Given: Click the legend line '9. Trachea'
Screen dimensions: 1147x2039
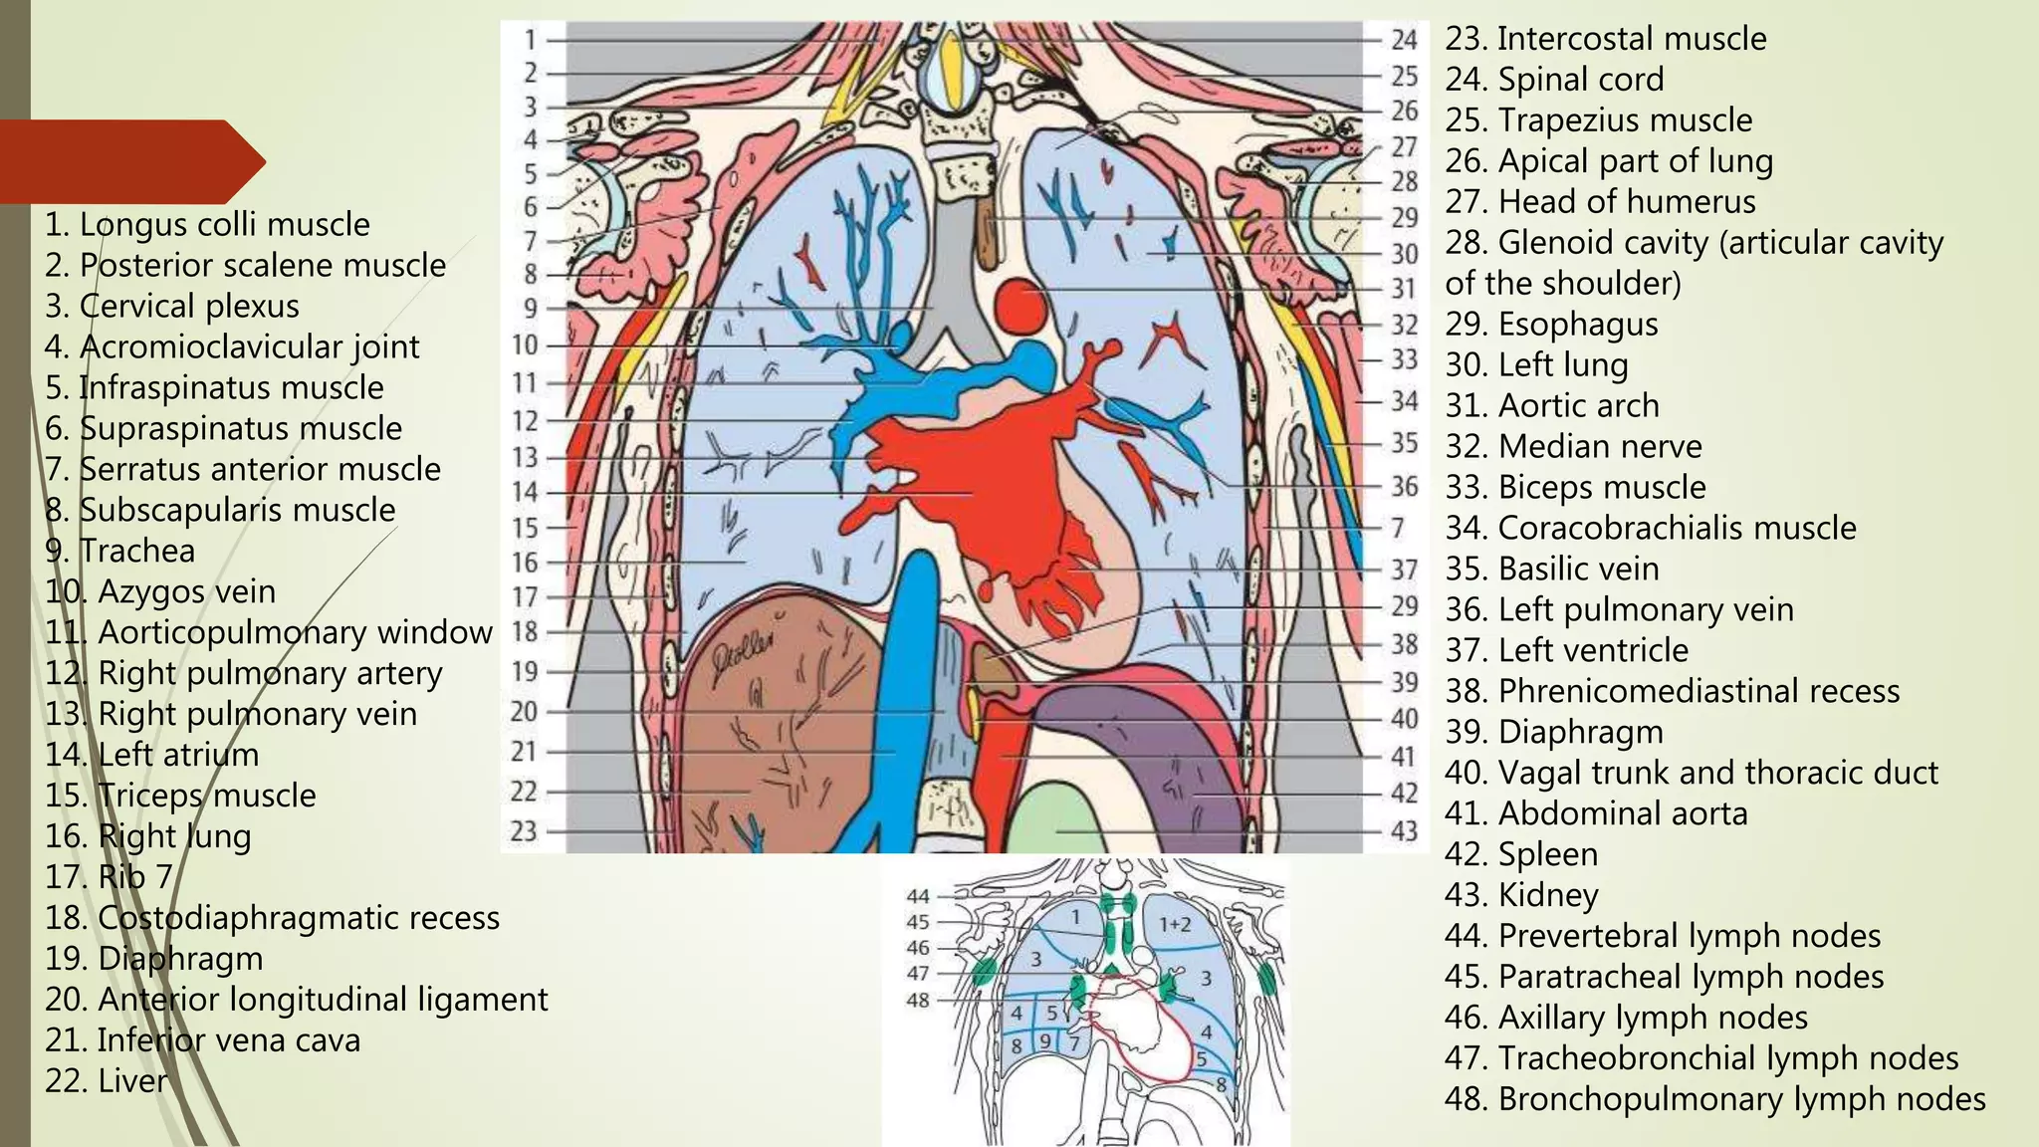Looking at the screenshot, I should click(x=119, y=551).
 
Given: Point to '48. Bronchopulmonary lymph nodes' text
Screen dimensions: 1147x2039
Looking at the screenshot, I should click(x=1714, y=1099).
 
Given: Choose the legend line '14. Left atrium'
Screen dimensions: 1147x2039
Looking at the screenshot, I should click(x=151, y=755).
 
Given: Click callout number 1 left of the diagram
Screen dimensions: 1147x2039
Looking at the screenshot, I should click(x=531, y=40).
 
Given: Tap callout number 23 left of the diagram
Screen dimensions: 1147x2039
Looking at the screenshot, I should click(x=524, y=830).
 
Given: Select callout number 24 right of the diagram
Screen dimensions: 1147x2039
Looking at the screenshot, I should click(x=1404, y=40).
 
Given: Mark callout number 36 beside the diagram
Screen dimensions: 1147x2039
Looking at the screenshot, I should click(x=1404, y=486).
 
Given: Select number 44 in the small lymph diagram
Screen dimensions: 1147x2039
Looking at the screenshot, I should click(x=918, y=896).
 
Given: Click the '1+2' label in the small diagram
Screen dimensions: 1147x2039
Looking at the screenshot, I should click(x=1175, y=924).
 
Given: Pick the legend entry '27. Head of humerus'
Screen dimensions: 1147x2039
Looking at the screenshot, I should click(x=1600, y=201).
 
